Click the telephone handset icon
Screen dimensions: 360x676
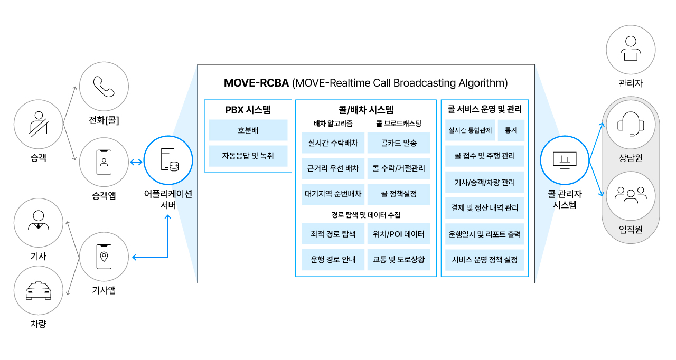click(104, 87)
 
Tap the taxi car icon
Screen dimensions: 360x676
click(39, 291)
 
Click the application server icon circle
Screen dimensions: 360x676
click(168, 160)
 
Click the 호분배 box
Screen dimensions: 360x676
click(248, 130)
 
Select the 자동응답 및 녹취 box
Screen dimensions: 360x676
click(248, 156)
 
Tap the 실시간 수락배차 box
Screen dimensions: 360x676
click(333, 143)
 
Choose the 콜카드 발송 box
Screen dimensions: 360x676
click(399, 143)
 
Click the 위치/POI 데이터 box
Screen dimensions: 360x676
click(399, 234)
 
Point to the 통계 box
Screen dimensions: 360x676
click(511, 130)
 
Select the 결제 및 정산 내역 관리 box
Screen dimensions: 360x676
click(485, 208)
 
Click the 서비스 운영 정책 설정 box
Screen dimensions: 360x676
click(485, 260)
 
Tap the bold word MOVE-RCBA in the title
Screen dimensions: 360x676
click(256, 83)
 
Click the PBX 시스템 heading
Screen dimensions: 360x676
click(248, 110)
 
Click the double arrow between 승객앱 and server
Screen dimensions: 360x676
click(136, 162)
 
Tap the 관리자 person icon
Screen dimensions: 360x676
click(631, 48)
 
